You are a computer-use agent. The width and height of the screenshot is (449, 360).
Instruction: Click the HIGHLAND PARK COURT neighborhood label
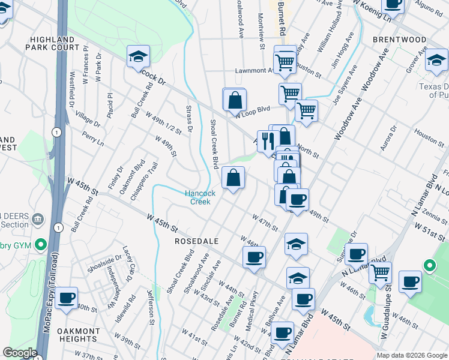pos(54,43)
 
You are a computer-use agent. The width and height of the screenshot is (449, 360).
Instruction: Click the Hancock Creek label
pos(200,198)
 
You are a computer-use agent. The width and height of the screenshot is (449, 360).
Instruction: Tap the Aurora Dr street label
pos(388,137)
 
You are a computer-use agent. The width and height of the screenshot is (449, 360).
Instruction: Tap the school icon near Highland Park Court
pos(138,58)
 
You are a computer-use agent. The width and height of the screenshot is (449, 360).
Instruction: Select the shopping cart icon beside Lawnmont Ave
pos(284,61)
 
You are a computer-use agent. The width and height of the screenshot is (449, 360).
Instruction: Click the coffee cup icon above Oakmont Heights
pos(67,296)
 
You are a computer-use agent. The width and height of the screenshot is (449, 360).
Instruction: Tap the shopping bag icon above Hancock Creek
pos(233,178)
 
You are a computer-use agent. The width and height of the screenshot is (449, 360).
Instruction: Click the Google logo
pos(20,353)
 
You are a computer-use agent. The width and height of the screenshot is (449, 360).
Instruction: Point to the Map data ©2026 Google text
pos(411,355)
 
